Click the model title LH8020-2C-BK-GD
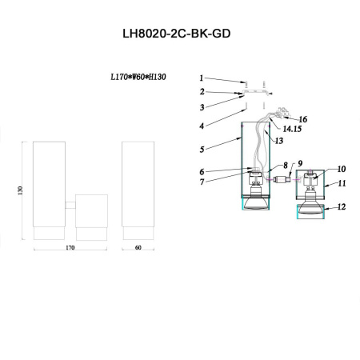tap(179, 37)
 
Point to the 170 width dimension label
tap(70, 249)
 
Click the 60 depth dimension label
tap(138, 249)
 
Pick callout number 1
tap(202, 78)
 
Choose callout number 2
tap(202, 92)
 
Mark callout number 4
tap(202, 126)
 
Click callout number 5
tap(202, 149)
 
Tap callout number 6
tap(202, 171)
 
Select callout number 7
tap(202, 182)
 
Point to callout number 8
tap(284, 166)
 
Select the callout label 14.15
tap(292, 127)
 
